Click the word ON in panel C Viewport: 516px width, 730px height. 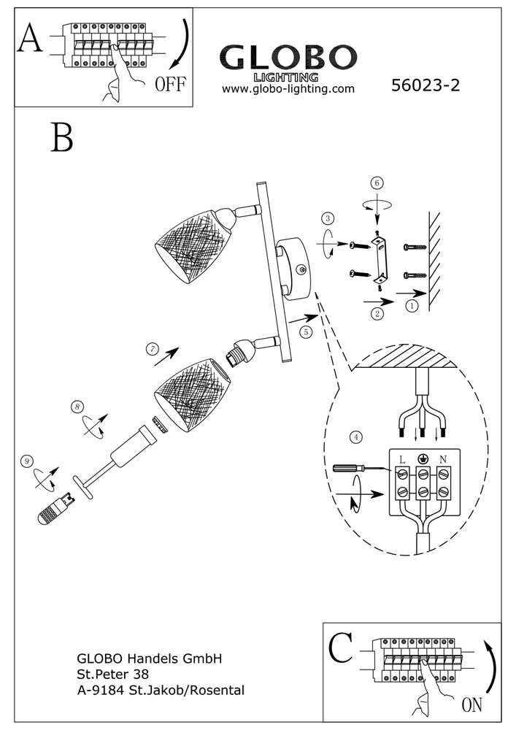471,706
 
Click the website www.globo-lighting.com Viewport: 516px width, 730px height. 288,89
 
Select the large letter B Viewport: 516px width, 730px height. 62,137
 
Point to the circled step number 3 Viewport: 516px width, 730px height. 328,218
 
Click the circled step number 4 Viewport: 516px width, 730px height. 356,437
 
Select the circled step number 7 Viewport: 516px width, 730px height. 152,349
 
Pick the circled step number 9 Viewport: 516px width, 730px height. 27,461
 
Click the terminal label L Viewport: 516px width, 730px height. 402,458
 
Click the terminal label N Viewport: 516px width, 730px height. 443,458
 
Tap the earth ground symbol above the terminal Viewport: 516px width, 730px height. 423,458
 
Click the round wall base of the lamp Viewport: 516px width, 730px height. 295,268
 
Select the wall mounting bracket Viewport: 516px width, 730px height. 379,259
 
